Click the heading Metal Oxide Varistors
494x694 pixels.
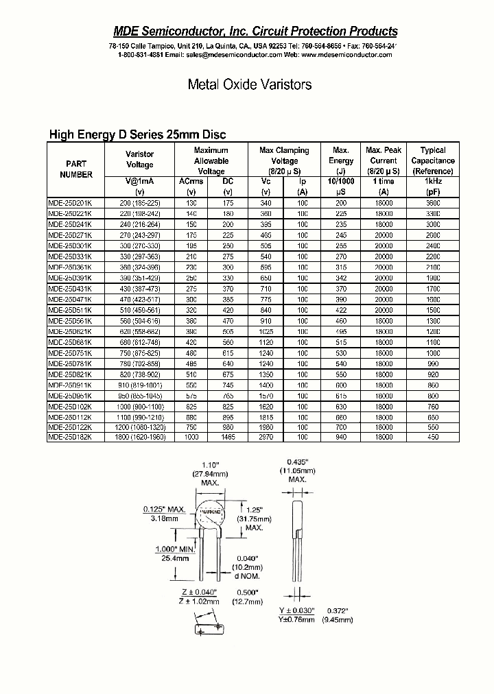click(250, 85)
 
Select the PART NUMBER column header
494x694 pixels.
click(75, 169)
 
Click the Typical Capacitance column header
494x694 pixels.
click(433, 160)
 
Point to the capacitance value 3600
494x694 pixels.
click(433, 204)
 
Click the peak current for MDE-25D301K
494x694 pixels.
click(384, 246)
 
